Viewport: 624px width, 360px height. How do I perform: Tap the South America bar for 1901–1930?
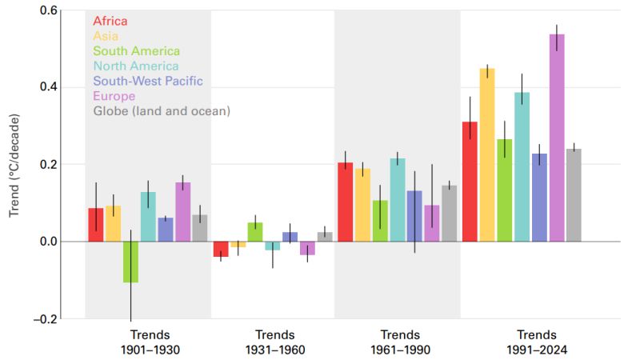[130, 262]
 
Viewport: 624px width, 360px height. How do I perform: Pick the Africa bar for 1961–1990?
[345, 202]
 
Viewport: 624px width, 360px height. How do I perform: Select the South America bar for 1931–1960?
[254, 232]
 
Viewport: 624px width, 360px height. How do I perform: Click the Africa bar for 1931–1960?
[220, 249]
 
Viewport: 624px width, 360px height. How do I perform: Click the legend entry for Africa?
[110, 21]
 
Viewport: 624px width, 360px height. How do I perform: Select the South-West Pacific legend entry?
[148, 81]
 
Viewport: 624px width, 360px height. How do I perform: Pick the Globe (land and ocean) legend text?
[162, 111]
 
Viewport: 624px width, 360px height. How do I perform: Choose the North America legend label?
[136, 66]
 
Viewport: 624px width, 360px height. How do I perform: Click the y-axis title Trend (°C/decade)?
[14, 166]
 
